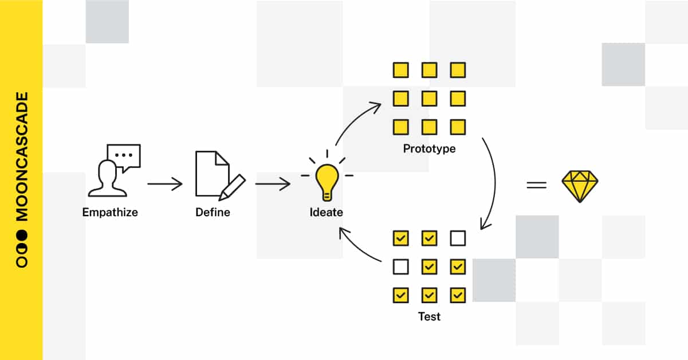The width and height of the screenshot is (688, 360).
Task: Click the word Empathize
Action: coord(110,212)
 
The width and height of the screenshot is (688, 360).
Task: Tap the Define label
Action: coord(213,212)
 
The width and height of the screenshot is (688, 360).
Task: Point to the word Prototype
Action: coord(429,149)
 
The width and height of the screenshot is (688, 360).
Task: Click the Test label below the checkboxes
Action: coord(429,316)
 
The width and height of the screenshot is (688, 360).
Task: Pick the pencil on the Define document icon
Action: coord(232,186)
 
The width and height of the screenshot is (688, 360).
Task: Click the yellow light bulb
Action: coord(326,179)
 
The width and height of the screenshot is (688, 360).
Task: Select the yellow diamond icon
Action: coord(580,185)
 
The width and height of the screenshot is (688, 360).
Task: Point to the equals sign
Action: coord(536,185)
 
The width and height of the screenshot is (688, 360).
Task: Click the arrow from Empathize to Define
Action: coord(165,184)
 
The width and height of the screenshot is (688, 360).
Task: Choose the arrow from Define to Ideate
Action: coord(273,184)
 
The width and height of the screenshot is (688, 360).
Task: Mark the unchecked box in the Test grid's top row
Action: coord(457,238)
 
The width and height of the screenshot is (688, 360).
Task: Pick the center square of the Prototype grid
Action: coord(429,99)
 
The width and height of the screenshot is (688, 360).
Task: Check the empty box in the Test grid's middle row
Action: coord(400,267)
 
